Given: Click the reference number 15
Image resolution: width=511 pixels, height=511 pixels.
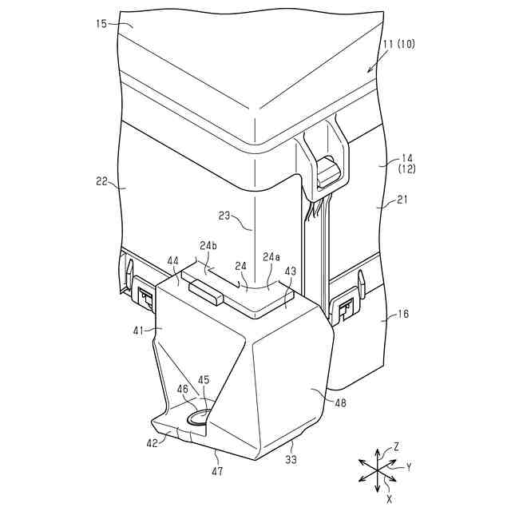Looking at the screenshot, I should [102, 23].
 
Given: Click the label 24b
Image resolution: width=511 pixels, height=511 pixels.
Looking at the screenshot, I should [208, 246].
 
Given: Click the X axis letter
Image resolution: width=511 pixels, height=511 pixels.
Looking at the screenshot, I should [389, 497].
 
